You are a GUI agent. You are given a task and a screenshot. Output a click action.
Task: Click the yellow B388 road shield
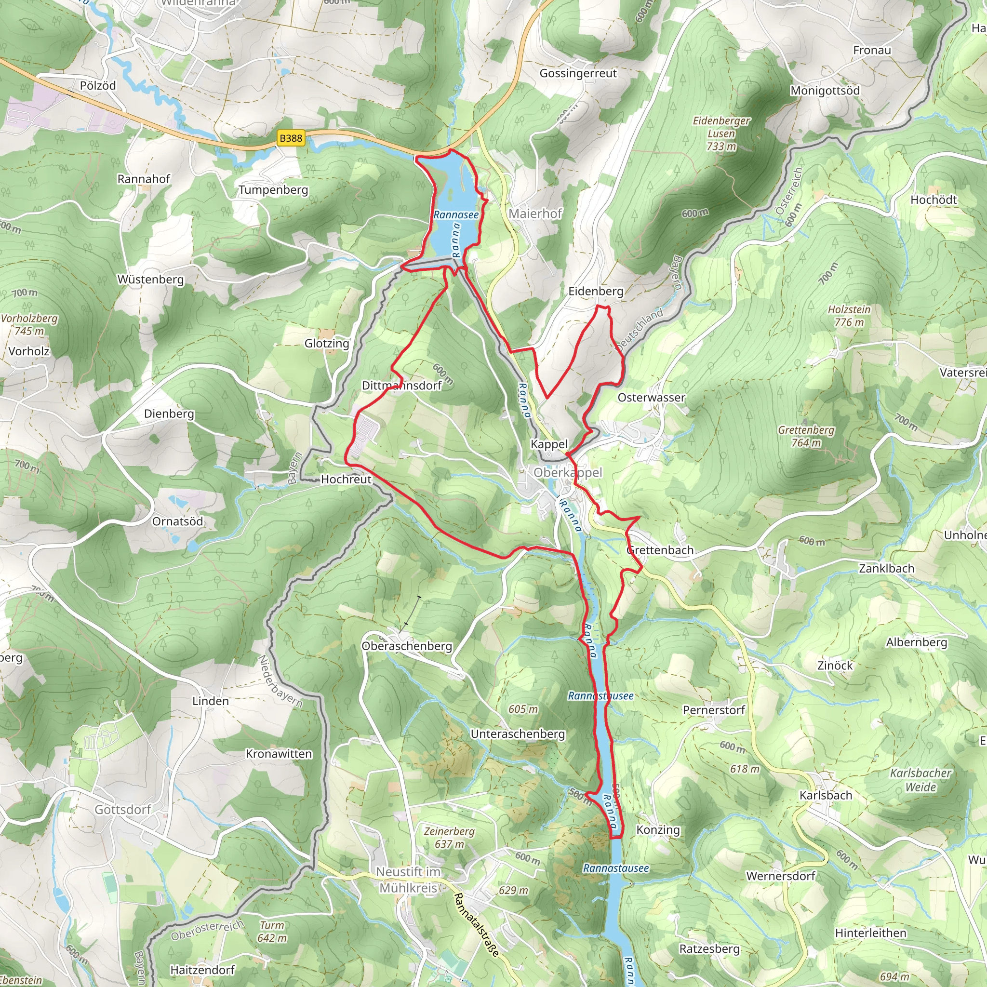pyautogui.click(x=291, y=138)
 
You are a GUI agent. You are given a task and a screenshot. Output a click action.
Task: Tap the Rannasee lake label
pyautogui.click(x=456, y=214)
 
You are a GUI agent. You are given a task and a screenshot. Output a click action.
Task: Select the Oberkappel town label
pyautogui.click(x=568, y=473)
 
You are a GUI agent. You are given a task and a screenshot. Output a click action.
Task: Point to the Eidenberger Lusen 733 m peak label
pyautogui.click(x=721, y=133)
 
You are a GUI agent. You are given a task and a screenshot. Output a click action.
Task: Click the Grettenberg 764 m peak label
pyautogui.click(x=806, y=436)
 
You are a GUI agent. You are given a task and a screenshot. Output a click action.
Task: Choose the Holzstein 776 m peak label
pyautogui.click(x=849, y=316)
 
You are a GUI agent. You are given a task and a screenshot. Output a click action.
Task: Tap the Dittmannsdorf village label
pyautogui.click(x=401, y=386)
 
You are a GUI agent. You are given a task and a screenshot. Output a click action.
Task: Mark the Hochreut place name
pyautogui.click(x=346, y=479)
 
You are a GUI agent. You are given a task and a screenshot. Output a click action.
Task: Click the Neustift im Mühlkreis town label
pyautogui.click(x=408, y=880)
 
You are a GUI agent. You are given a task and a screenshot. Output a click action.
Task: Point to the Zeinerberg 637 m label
pyautogui.click(x=449, y=838)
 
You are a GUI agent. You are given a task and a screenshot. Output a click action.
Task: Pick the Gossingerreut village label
pyautogui.click(x=578, y=73)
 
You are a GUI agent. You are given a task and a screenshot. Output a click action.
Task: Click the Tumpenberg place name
pyautogui.click(x=273, y=189)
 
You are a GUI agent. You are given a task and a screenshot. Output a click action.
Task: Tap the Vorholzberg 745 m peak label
pyautogui.click(x=29, y=324)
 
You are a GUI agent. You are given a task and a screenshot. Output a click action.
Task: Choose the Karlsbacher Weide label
pyautogui.click(x=920, y=780)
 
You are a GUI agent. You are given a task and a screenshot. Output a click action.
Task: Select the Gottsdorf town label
pyautogui.click(x=122, y=809)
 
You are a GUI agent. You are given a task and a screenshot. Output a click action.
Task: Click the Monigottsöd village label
pyautogui.click(x=825, y=91)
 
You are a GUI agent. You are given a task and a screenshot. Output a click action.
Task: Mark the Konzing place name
pyautogui.click(x=657, y=830)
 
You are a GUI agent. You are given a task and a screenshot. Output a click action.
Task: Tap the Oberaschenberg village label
pyautogui.click(x=407, y=646)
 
